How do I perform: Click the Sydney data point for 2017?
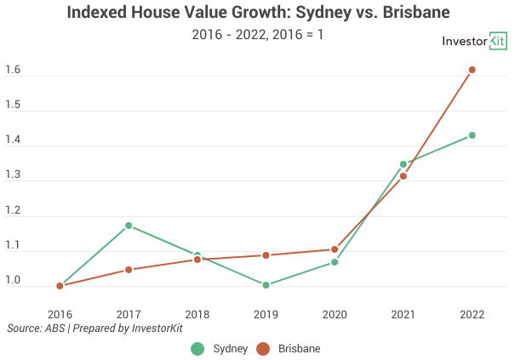pyautogui.click(x=129, y=226)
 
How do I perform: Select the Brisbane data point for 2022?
pyautogui.click(x=472, y=70)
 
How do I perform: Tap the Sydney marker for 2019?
pyautogui.click(x=266, y=285)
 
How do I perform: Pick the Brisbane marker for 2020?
pyautogui.click(x=335, y=249)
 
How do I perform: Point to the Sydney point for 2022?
pyautogui.click(x=472, y=135)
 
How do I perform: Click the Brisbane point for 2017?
pyautogui.click(x=129, y=270)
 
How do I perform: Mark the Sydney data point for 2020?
pyautogui.click(x=335, y=262)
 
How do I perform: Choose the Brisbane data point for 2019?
pyautogui.click(x=266, y=255)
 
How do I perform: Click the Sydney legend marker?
pyautogui.click(x=198, y=348)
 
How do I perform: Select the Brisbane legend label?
pyautogui.click(x=299, y=348)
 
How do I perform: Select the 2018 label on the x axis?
pyautogui.click(x=197, y=314)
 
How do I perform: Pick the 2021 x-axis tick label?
pyautogui.click(x=403, y=314)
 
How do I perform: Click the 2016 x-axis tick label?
pyautogui.click(x=60, y=314)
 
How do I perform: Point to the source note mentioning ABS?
pyautogui.click(x=95, y=328)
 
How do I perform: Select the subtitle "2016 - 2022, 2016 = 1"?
pyautogui.click(x=258, y=36)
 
